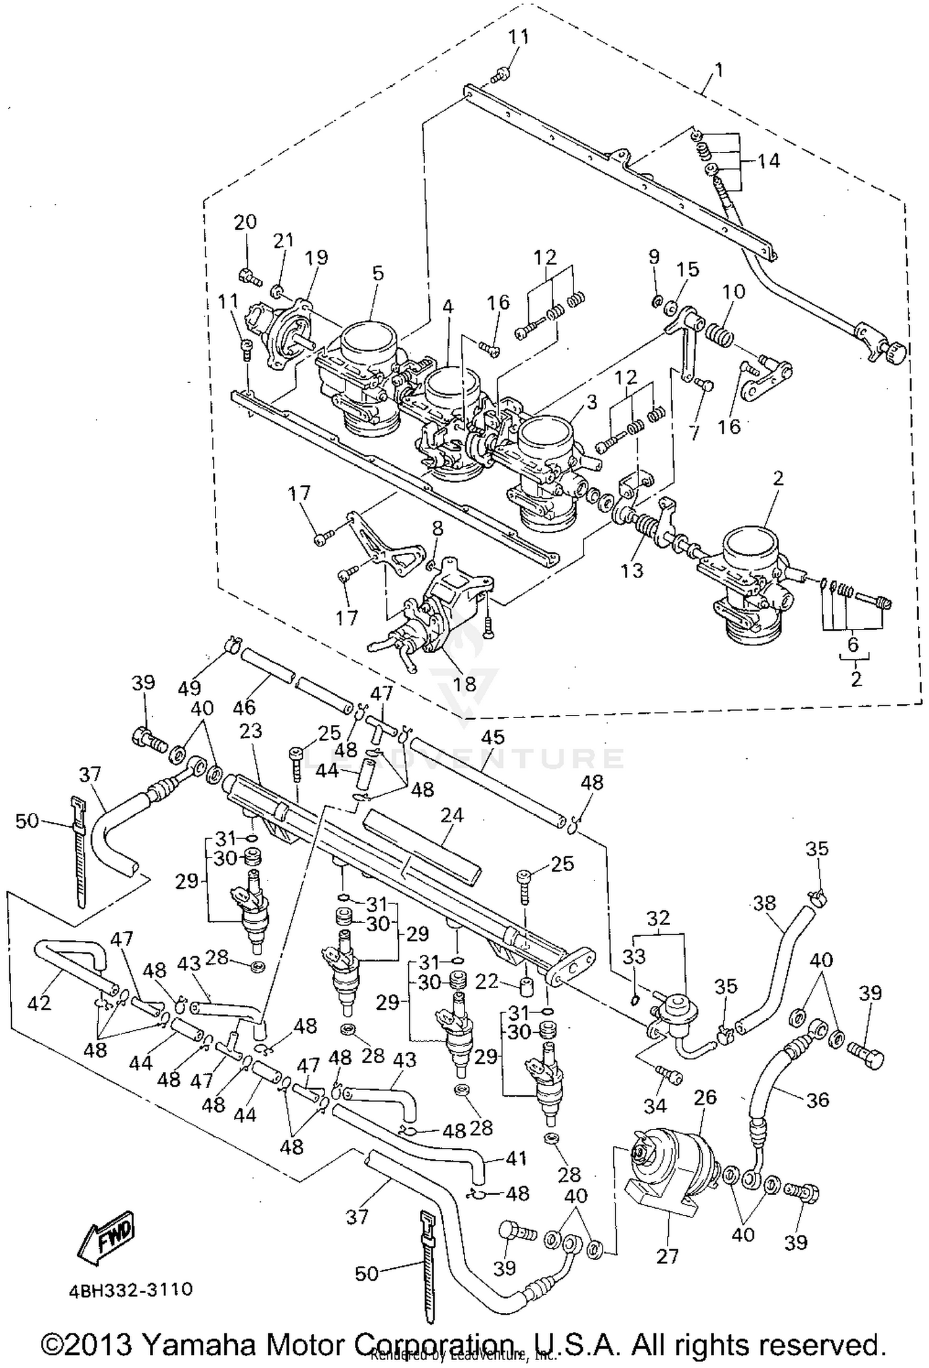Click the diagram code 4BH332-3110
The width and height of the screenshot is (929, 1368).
click(x=131, y=1289)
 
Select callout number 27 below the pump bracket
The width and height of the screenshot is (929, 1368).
click(x=668, y=1256)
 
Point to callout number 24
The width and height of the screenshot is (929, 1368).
click(x=452, y=815)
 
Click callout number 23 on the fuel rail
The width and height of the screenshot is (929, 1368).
click(x=251, y=731)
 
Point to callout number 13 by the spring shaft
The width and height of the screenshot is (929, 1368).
click(x=632, y=570)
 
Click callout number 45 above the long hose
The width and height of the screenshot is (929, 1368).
click(x=493, y=737)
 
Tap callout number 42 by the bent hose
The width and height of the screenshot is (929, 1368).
click(x=40, y=1002)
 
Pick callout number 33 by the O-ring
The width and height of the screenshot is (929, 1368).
click(x=634, y=957)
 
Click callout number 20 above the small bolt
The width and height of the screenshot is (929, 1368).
click(x=245, y=222)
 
